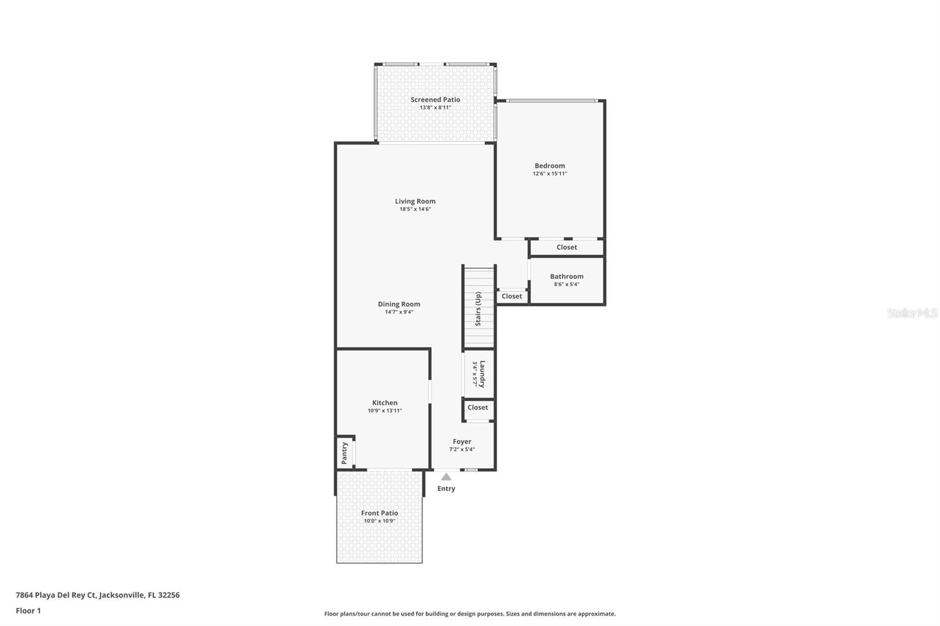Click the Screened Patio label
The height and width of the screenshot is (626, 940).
pyautogui.click(x=435, y=100)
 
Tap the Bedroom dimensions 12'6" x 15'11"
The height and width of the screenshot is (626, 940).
pyautogui.click(x=549, y=174)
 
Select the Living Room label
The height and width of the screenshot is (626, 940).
pyautogui.click(x=415, y=201)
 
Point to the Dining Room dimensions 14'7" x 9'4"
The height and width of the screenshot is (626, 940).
pyautogui.click(x=399, y=312)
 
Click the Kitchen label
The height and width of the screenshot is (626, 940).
pyautogui.click(x=384, y=403)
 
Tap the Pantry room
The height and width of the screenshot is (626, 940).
pyautogui.click(x=345, y=453)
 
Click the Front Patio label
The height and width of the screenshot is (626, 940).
pyautogui.click(x=379, y=513)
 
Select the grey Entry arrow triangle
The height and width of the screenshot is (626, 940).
pyautogui.click(x=446, y=477)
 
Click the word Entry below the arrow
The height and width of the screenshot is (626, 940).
pyautogui.click(x=446, y=489)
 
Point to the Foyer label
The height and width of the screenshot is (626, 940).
pyautogui.click(x=462, y=442)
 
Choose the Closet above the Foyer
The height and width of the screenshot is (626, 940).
pyautogui.click(x=478, y=408)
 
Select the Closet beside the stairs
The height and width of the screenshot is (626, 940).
pyautogui.click(x=512, y=296)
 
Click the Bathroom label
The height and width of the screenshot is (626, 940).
pyautogui.click(x=566, y=277)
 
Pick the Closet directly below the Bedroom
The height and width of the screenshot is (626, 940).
pyautogui.click(x=566, y=247)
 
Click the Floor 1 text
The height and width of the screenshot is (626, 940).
pyautogui.click(x=28, y=611)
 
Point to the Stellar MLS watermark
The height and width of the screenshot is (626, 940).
pyautogui.click(x=912, y=314)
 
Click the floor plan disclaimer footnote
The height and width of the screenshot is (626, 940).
pyautogui.click(x=469, y=614)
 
